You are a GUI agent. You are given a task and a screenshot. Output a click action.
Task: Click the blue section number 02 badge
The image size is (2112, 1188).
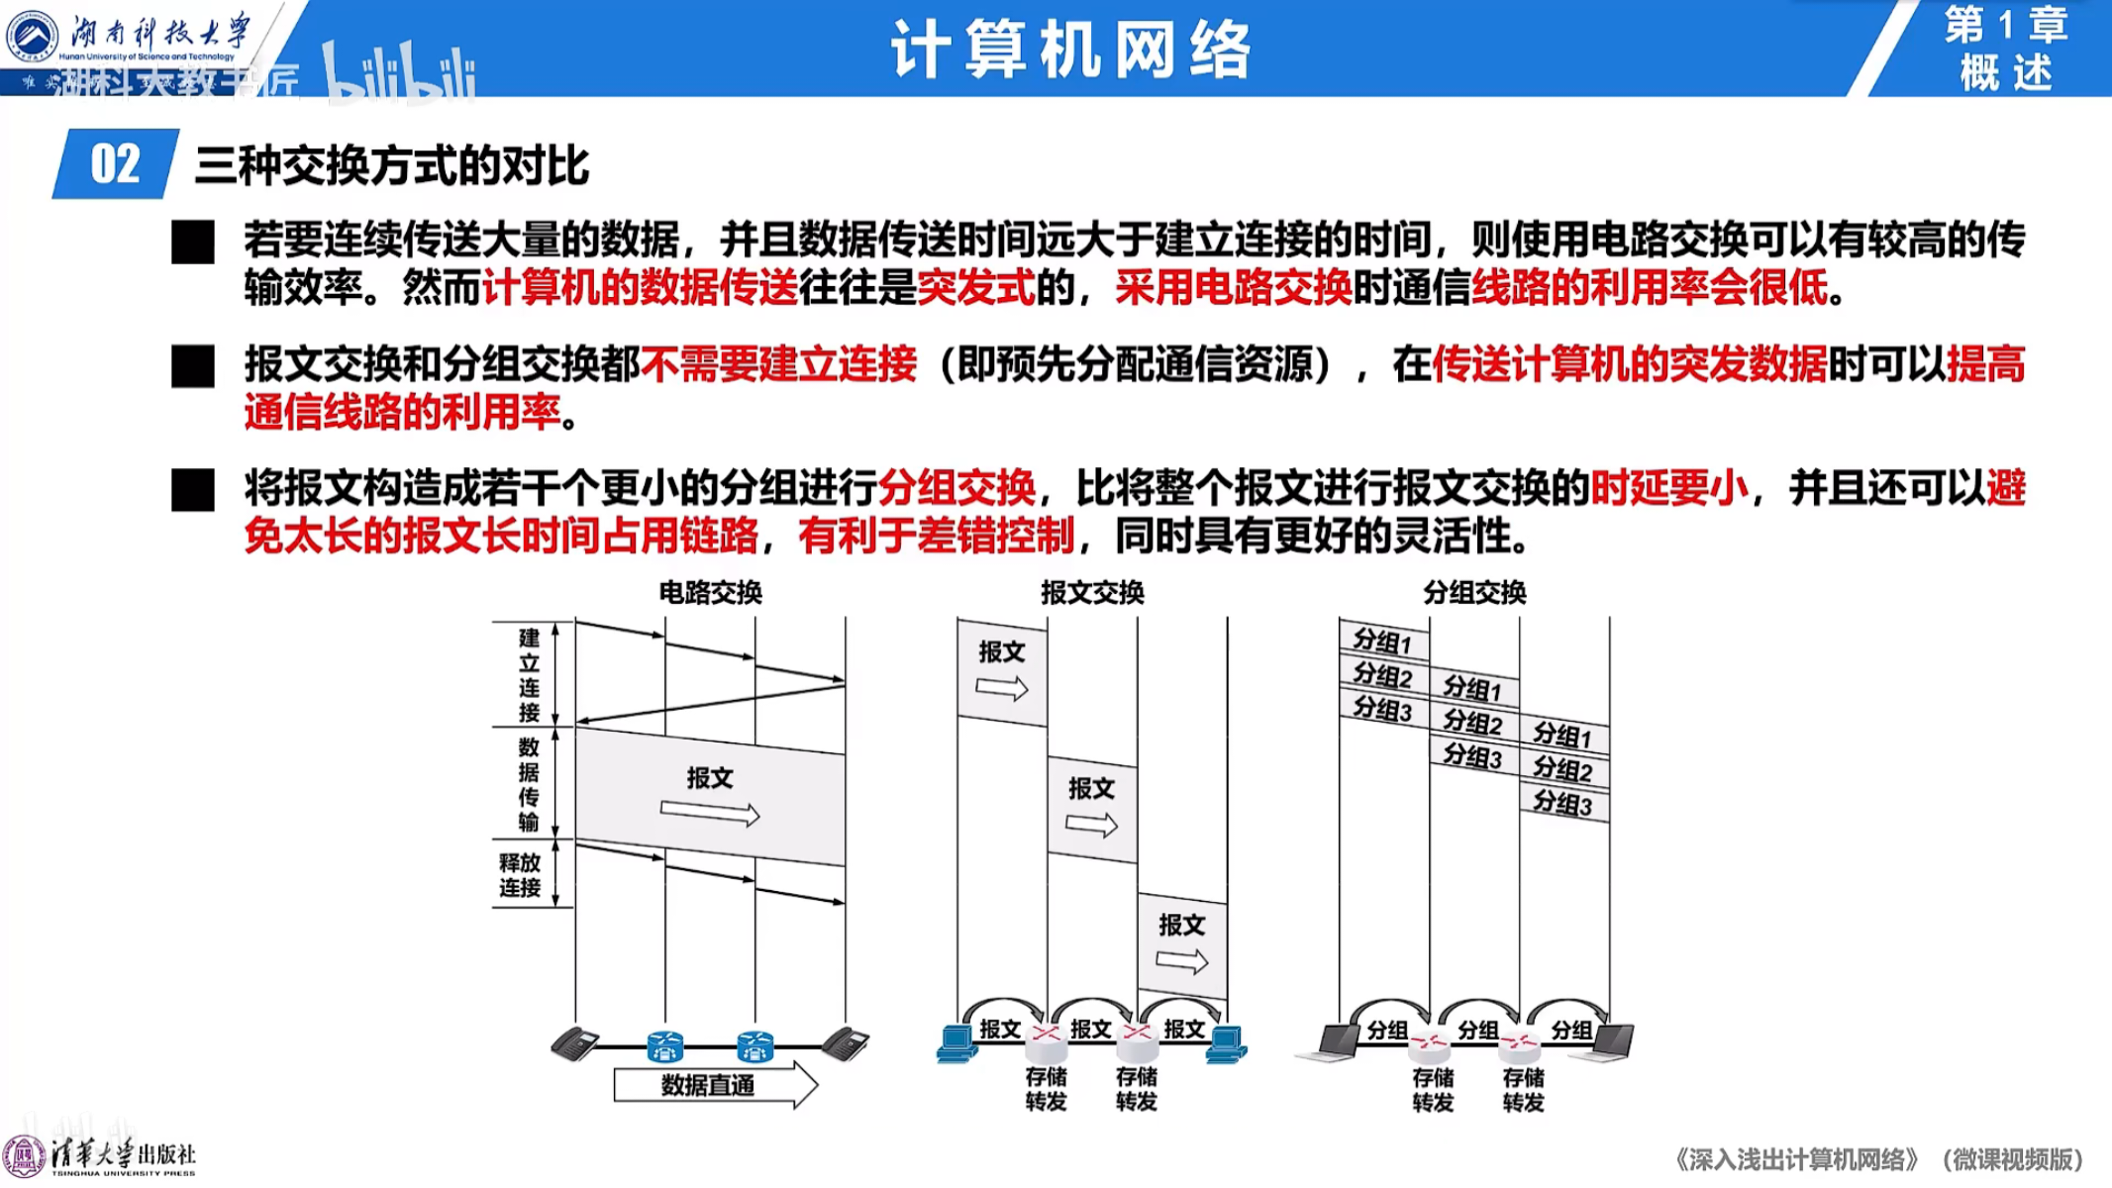(x=115, y=163)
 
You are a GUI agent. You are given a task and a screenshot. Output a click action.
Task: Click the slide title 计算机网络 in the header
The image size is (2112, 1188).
(x=1070, y=49)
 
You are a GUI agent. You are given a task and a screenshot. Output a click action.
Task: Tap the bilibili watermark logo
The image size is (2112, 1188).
(x=400, y=74)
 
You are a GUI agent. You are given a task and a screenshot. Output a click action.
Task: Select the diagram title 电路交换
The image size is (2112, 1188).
(x=710, y=593)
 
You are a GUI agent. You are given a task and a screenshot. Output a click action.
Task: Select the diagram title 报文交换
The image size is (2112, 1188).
(x=1092, y=593)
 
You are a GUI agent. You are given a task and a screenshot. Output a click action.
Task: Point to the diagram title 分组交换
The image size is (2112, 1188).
(x=1474, y=593)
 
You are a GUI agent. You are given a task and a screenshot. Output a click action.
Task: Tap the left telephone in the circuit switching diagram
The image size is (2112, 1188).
(x=574, y=1044)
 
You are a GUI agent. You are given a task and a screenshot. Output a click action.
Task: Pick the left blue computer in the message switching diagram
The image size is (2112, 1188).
(x=956, y=1044)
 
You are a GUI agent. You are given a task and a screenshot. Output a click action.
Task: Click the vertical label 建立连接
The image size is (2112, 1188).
(x=530, y=675)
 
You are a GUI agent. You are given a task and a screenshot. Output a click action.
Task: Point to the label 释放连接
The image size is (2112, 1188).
(x=520, y=875)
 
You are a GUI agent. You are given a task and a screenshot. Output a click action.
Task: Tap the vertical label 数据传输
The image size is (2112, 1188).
(x=530, y=784)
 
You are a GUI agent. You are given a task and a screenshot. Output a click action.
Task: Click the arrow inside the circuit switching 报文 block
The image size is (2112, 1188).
(x=709, y=814)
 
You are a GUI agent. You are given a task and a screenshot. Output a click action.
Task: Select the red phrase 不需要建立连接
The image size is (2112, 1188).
(x=778, y=364)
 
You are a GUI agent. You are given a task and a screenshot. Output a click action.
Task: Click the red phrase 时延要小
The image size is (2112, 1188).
(x=1669, y=488)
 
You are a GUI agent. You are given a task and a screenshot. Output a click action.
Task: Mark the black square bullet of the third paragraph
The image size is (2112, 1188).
(x=193, y=490)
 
